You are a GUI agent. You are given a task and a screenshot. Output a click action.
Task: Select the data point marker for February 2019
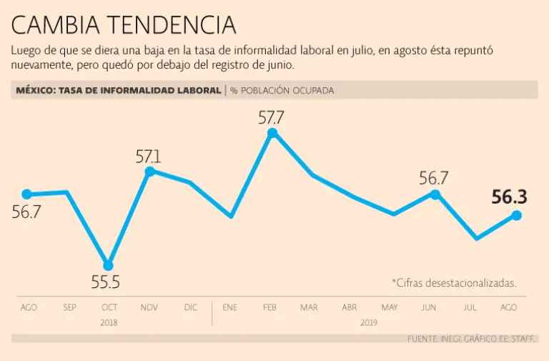click(272, 133)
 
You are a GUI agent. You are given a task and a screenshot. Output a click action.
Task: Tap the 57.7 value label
click(272, 117)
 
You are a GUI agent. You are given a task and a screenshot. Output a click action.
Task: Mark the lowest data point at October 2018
click(108, 266)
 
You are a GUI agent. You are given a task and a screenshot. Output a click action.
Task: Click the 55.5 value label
click(105, 283)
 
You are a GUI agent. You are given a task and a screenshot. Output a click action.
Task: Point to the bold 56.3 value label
click(509, 197)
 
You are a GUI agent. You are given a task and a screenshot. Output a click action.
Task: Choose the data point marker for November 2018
click(149, 172)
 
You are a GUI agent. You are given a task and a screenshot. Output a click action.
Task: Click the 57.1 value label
click(149, 157)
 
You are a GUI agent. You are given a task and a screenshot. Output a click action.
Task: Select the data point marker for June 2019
click(435, 194)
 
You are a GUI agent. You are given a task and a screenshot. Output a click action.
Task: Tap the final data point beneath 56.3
click(516, 215)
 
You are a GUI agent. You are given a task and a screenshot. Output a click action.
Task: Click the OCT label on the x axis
click(109, 307)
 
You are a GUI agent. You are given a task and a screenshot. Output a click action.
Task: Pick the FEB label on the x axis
click(269, 307)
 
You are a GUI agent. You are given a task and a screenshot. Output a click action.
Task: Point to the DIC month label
click(190, 307)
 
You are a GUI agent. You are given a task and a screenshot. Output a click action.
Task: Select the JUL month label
click(470, 307)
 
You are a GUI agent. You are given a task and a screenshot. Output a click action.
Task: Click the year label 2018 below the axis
click(109, 322)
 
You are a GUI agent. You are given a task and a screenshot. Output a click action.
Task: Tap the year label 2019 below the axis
click(369, 322)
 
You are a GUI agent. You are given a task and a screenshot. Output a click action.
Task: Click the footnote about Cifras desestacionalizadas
click(454, 283)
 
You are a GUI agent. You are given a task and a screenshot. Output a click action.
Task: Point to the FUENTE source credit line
click(472, 338)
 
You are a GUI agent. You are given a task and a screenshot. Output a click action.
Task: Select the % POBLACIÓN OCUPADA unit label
click(282, 91)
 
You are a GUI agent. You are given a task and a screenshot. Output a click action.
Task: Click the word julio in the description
click(357, 51)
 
